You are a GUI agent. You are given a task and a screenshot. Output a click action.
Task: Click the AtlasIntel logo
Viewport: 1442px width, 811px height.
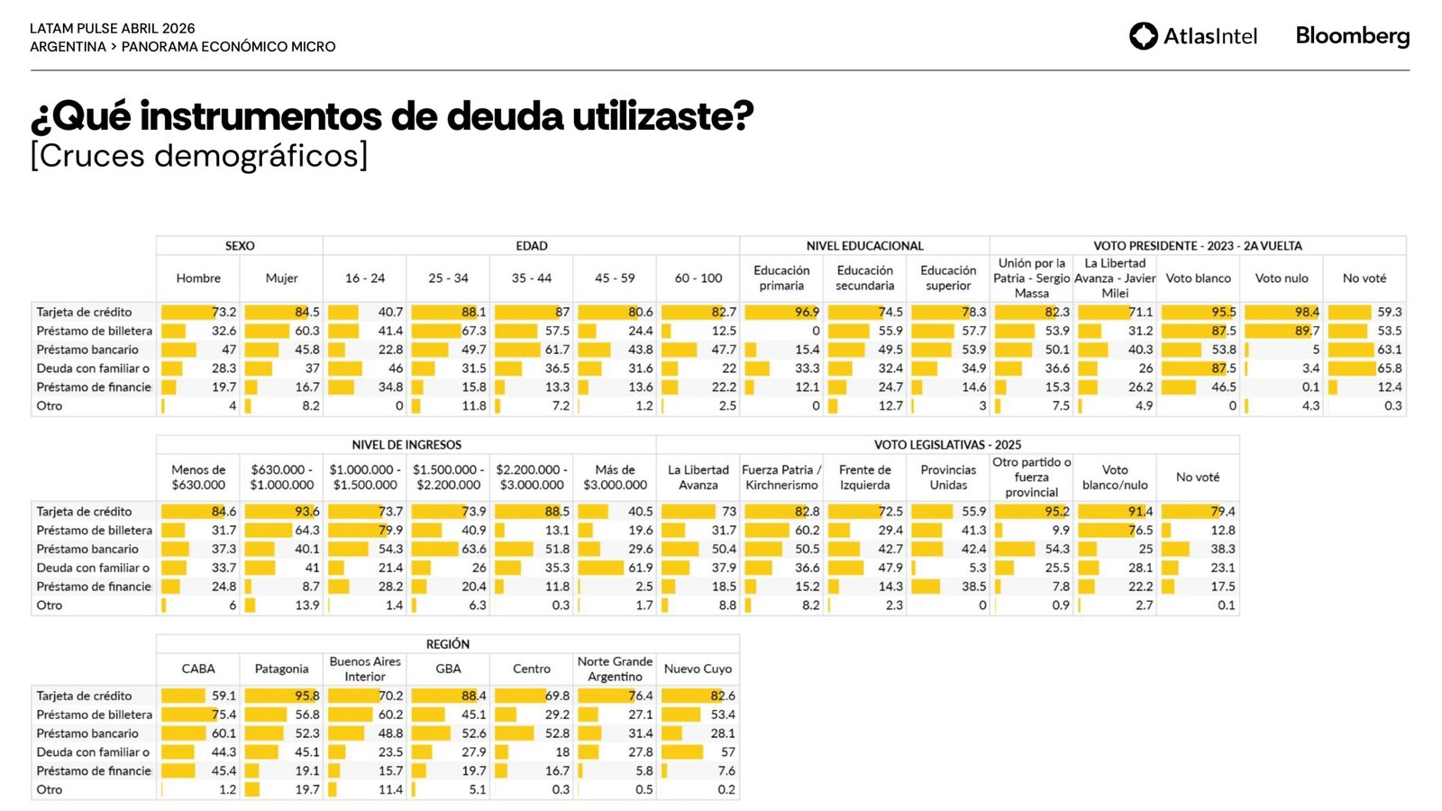[x=1192, y=36]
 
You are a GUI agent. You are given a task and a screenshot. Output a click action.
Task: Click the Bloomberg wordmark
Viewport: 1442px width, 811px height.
[x=1352, y=36]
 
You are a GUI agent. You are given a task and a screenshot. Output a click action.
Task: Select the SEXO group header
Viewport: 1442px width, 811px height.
[x=240, y=246]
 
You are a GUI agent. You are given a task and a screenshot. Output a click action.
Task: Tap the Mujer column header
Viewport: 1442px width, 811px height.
[x=281, y=278]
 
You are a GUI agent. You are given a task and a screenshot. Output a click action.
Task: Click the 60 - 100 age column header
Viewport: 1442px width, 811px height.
[x=698, y=278]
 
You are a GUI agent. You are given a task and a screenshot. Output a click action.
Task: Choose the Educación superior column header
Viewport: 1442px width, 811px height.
[x=948, y=278]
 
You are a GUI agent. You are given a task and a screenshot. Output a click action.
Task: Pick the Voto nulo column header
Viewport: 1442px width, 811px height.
[x=1282, y=278]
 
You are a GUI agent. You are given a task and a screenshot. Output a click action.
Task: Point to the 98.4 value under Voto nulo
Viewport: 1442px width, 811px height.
[x=1307, y=312]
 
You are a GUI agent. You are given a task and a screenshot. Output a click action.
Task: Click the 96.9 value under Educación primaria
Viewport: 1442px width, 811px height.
[x=807, y=312]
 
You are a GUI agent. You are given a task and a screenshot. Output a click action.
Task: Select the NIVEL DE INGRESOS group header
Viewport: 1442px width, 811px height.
[x=406, y=445]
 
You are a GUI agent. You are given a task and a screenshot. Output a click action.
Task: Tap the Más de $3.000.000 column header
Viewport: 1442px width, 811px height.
[x=615, y=478]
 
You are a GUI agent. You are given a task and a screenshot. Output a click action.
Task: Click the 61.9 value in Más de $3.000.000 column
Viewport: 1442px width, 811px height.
[x=641, y=568]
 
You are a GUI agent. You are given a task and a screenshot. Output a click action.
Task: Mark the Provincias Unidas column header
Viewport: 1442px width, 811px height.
[x=948, y=478]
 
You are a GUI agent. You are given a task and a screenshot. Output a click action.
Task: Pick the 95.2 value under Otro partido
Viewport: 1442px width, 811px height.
[x=1057, y=511]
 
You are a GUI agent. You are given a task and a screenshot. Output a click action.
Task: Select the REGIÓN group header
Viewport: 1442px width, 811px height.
[x=448, y=644]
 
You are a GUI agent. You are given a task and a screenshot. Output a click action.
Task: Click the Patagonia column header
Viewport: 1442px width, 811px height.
[x=281, y=669]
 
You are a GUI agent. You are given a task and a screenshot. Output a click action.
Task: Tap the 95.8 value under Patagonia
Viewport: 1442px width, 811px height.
[x=306, y=696]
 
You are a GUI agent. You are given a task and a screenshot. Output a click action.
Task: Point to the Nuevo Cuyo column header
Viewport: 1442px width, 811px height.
[x=698, y=669]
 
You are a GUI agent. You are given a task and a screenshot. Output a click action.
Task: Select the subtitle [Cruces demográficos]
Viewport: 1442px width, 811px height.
[x=199, y=156]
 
